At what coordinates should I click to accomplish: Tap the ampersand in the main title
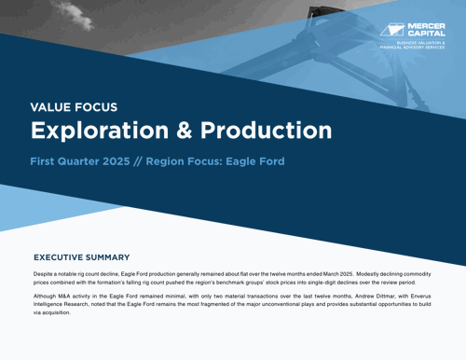(179, 129)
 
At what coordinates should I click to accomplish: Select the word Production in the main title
(263, 129)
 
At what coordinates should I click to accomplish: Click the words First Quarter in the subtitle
(72, 161)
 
